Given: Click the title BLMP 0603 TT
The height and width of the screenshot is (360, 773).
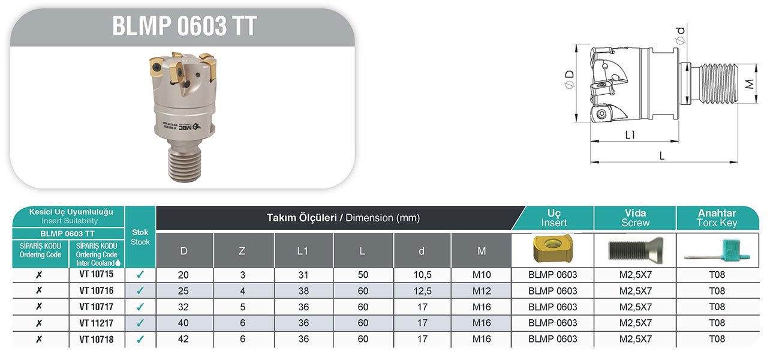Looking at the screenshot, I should coord(184,26).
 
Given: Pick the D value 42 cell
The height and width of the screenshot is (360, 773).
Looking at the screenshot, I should coord(184,339).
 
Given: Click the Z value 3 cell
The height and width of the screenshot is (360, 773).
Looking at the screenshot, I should coord(243,275).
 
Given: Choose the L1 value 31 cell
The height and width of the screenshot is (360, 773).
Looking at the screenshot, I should coord(303,275).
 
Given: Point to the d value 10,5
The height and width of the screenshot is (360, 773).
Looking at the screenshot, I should coord(422,275).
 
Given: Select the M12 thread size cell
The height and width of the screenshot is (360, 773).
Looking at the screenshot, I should coord(481,291).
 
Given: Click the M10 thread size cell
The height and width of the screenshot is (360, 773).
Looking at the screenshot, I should coord(481,275).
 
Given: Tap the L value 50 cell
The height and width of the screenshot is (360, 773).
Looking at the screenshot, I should coord(362,275).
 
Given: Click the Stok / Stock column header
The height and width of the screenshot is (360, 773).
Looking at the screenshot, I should coord(140,236).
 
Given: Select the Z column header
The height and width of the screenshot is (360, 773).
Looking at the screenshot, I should coord(243,250).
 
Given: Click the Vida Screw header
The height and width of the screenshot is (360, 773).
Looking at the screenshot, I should coord(635,218).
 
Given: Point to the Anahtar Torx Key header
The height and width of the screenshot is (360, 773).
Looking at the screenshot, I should coord(717,218).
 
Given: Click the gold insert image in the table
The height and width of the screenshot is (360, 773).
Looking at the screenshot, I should coord(552,250).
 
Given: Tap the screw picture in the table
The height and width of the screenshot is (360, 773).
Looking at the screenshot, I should coord(635,250).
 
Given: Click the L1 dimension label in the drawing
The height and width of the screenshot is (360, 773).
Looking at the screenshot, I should coord(630,135).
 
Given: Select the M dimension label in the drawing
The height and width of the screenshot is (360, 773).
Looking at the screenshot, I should coord(748,84).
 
